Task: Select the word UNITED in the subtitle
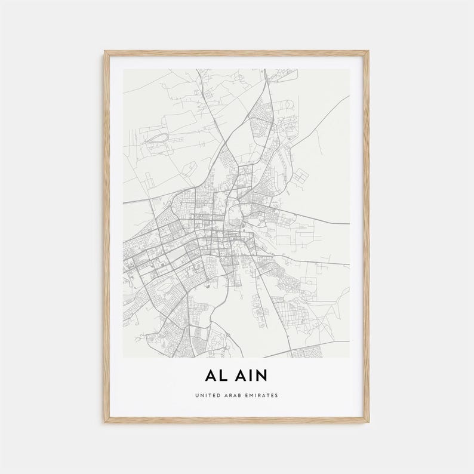tap(207, 395)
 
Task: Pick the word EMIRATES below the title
tap(261, 395)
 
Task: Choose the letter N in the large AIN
tap(261, 375)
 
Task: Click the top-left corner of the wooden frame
tap(104, 52)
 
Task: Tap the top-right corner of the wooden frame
tap(368, 52)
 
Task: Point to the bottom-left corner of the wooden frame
tap(104, 422)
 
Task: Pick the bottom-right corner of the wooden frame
tap(368, 422)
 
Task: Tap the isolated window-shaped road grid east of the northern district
tap(300, 176)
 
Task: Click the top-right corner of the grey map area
tap(349, 69)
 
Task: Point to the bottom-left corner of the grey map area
tap(124, 358)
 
